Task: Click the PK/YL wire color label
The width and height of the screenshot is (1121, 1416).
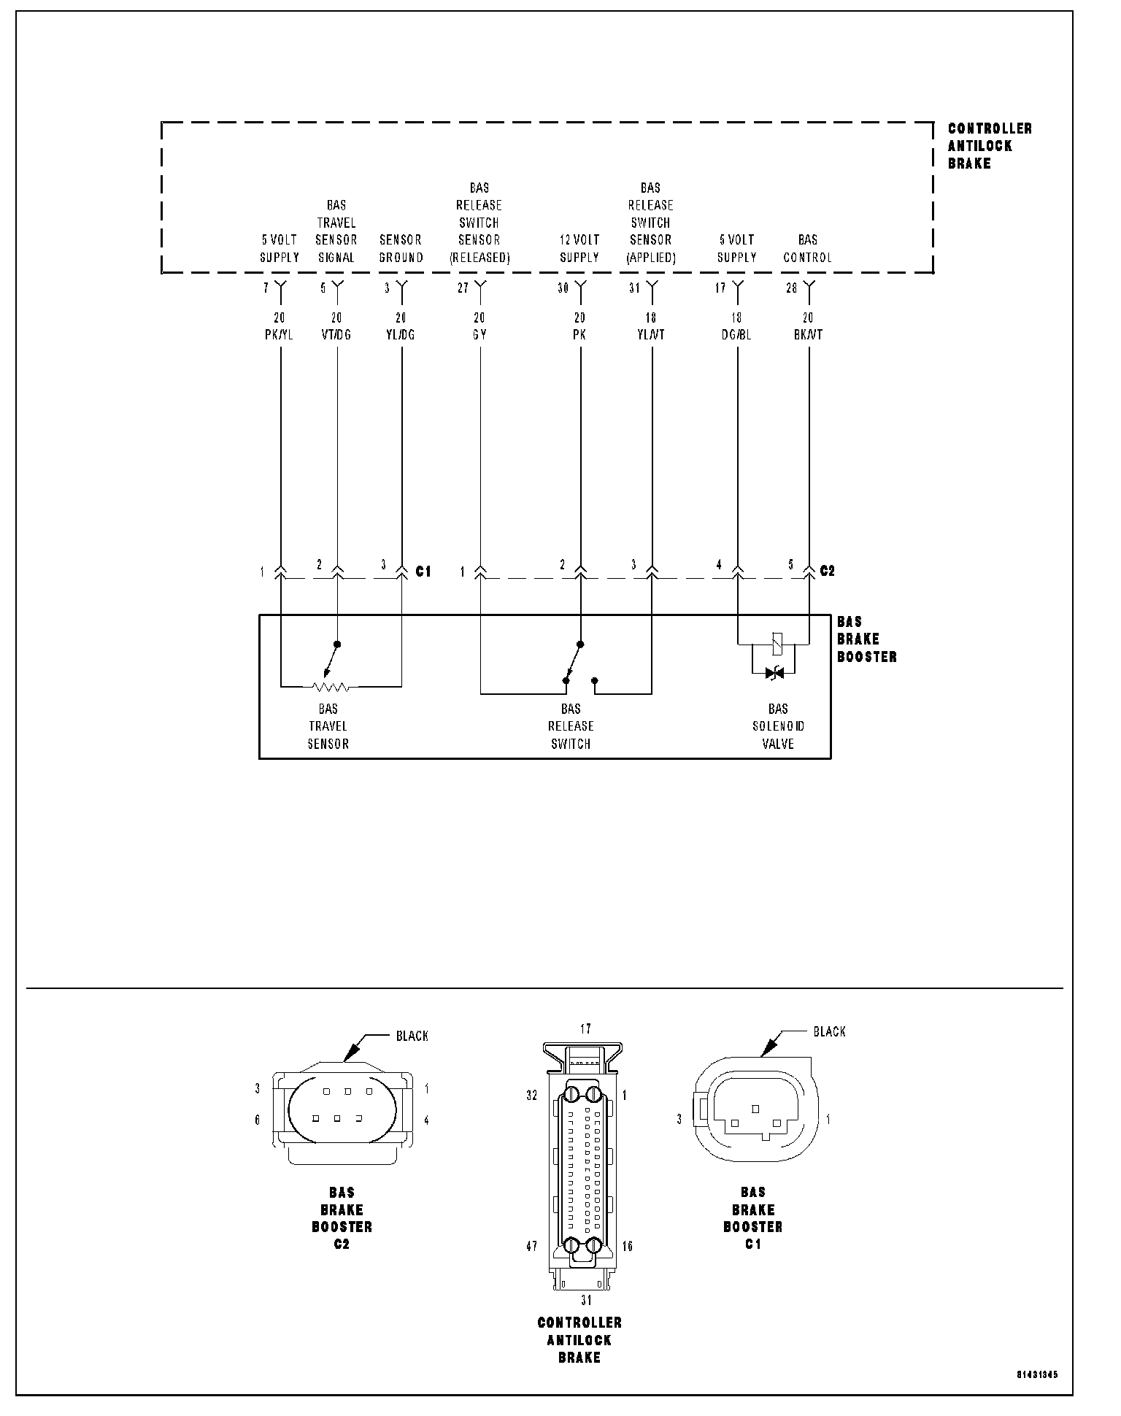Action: coord(280,335)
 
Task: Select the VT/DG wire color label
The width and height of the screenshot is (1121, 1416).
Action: coord(336,335)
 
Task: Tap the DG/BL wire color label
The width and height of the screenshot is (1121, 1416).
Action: coord(736,335)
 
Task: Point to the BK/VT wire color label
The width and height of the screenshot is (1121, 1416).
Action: coord(807,335)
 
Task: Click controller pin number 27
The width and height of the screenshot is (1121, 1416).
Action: coord(463,288)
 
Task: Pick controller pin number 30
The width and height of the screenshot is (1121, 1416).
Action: coord(563,288)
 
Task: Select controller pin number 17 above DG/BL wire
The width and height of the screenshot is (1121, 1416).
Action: coord(720,288)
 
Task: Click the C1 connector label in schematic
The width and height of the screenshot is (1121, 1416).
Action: coord(423,572)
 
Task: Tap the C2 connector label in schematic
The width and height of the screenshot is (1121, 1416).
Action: coord(827,571)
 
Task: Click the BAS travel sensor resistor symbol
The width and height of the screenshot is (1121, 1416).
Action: coord(331,687)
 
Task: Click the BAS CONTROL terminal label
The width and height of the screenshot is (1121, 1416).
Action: coord(807,249)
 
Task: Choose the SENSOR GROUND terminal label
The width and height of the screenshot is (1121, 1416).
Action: coord(401,249)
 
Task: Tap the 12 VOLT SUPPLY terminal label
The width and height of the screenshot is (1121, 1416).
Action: coord(579,249)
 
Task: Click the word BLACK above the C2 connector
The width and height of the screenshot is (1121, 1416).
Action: coord(412,1036)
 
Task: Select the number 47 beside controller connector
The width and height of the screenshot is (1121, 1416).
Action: coord(531,1246)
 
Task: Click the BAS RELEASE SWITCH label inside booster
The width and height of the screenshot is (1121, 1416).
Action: coord(571,726)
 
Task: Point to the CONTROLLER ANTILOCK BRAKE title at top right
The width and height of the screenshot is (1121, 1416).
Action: coord(990,146)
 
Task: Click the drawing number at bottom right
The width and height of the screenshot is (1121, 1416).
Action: coord(1037,1375)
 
